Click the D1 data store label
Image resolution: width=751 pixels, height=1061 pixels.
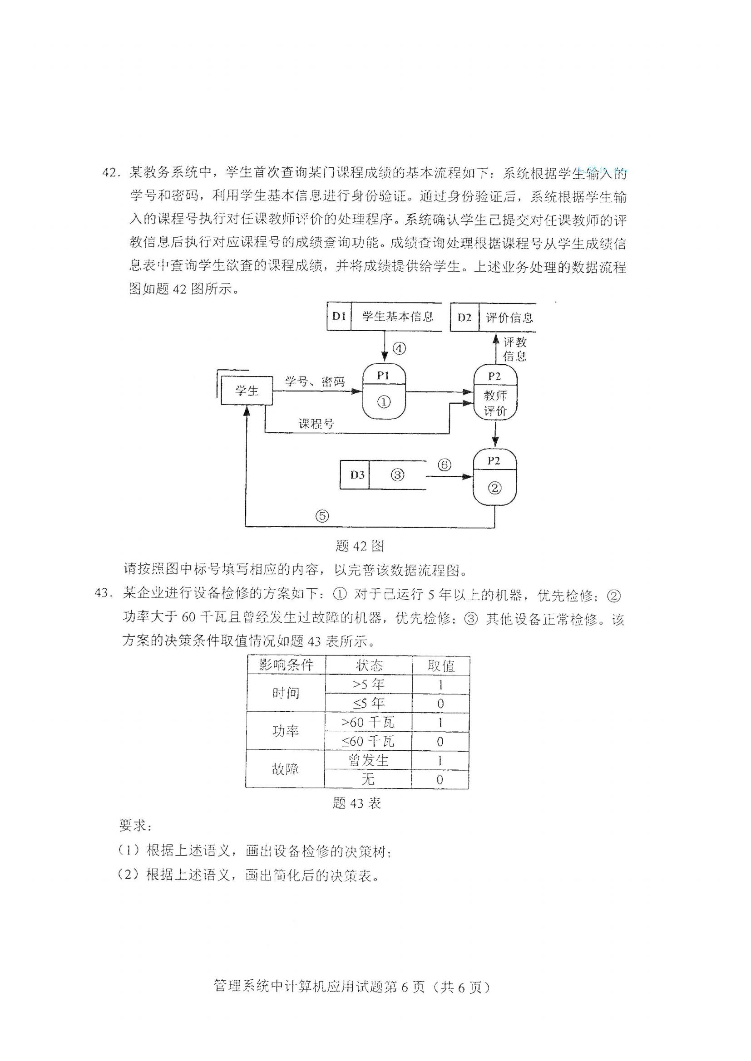(339, 316)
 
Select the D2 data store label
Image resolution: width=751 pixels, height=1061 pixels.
(464, 318)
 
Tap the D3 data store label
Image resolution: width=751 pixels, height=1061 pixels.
(357, 474)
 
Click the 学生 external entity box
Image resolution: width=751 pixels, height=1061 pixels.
(247, 391)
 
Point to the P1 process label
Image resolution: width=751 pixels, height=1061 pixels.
(383, 376)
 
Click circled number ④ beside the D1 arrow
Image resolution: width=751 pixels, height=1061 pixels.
(399, 348)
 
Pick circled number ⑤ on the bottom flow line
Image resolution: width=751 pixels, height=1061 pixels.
(322, 516)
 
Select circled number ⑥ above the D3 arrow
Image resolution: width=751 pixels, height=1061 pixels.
(445, 464)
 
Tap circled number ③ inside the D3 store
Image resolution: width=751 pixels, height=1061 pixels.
(398, 474)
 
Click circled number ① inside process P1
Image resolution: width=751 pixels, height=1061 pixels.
(384, 402)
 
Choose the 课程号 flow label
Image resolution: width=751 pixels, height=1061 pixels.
(316, 423)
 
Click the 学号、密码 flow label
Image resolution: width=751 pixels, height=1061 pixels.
(315, 381)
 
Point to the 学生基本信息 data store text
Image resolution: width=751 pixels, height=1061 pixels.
(397, 316)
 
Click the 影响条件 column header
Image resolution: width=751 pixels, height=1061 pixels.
(286, 665)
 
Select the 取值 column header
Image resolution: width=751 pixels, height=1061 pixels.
(441, 665)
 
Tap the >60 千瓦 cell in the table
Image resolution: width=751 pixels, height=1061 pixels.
(368, 722)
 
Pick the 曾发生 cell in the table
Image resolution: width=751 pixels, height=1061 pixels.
(368, 760)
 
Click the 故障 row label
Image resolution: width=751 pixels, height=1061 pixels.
(285, 769)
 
